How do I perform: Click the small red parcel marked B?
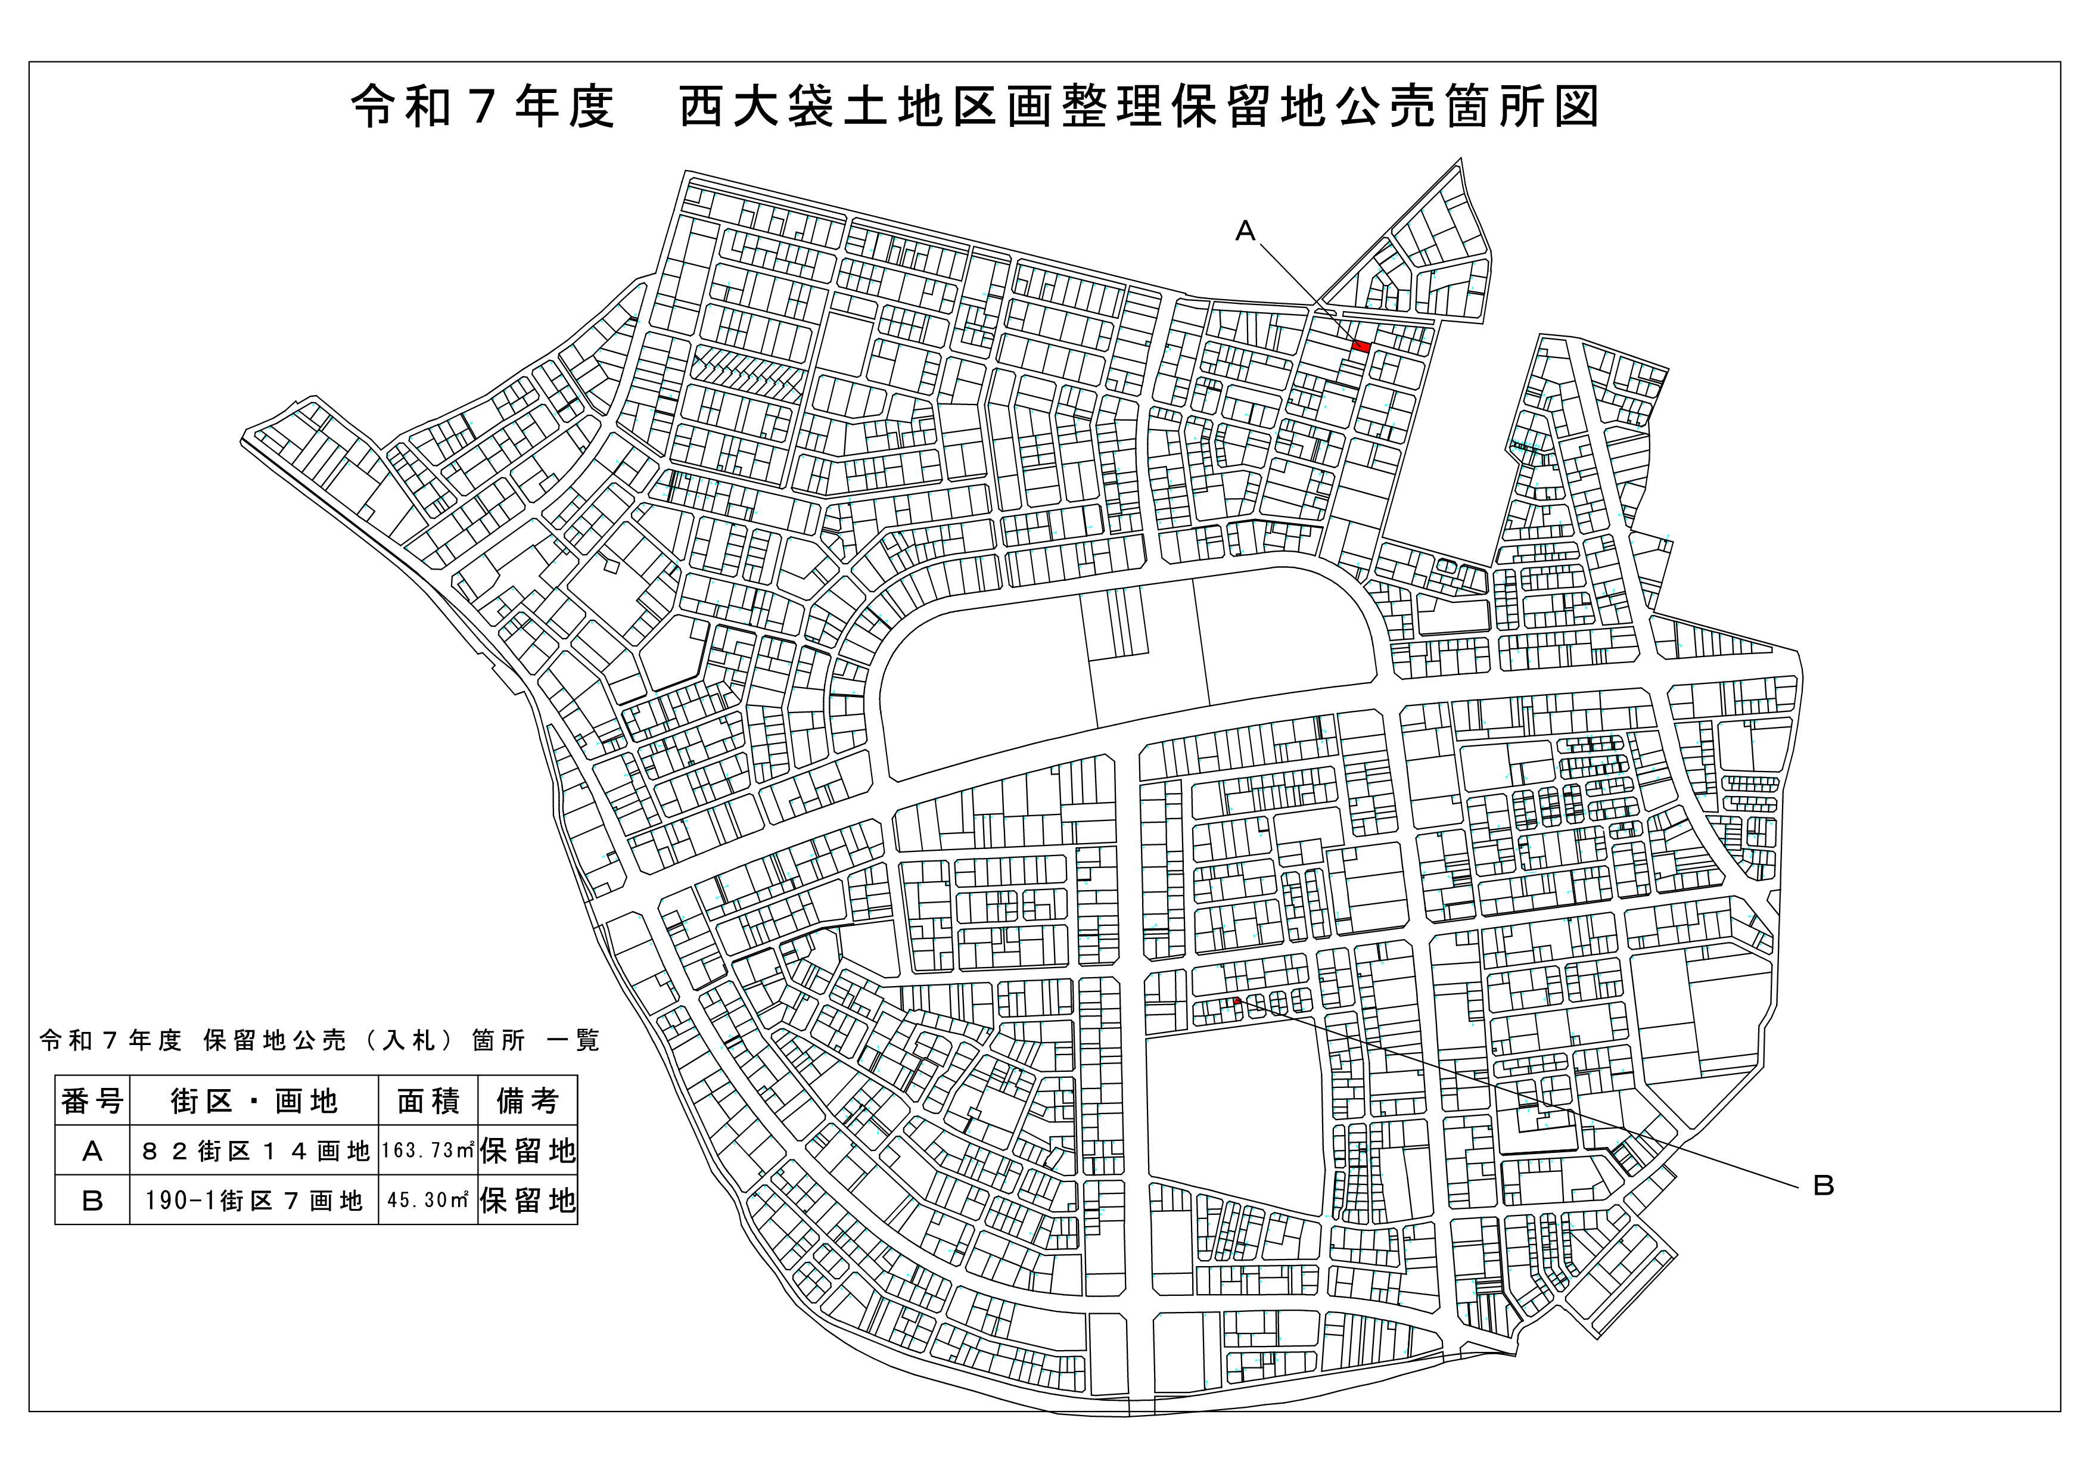point(1236,1001)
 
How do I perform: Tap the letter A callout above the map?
point(1245,232)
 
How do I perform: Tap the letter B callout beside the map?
point(1823,1186)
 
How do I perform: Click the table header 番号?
point(92,1101)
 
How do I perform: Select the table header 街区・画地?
point(254,1101)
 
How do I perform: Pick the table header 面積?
point(428,1101)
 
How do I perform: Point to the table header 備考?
point(527,1101)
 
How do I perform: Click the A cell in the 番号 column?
point(92,1151)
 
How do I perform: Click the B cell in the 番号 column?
point(92,1201)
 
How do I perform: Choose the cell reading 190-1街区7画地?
point(254,1201)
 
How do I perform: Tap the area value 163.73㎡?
point(428,1150)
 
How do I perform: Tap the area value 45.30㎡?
point(428,1199)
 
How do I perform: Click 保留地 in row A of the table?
point(528,1151)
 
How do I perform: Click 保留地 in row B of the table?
point(528,1201)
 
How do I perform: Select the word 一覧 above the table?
point(574,1040)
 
